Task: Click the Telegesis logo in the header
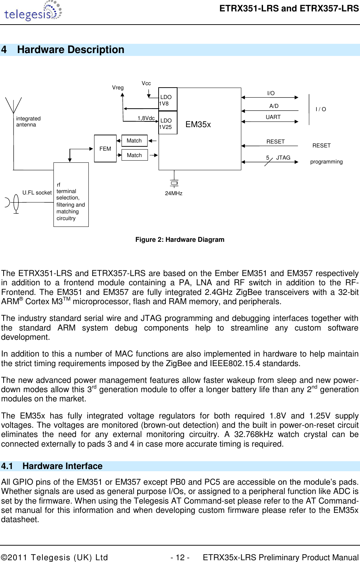[33, 11]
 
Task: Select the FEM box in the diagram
[105, 149]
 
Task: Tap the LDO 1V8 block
[168, 99]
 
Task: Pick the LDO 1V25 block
[168, 123]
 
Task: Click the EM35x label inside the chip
[198, 124]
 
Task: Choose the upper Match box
[134, 141]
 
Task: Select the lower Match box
[134, 155]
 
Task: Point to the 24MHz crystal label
[174, 193]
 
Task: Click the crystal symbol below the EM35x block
[174, 183]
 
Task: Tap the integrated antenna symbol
[14, 105]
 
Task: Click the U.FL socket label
[37, 193]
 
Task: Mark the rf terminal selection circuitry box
[71, 195]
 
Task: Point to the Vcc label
[146, 83]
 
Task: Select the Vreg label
[118, 88]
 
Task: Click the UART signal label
[273, 117]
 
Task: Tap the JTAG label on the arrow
[283, 158]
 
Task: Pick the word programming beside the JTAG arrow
[326, 162]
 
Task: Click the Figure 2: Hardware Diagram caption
[180, 240]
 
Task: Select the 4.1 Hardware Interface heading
[52, 466]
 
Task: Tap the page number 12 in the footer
[180, 557]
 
